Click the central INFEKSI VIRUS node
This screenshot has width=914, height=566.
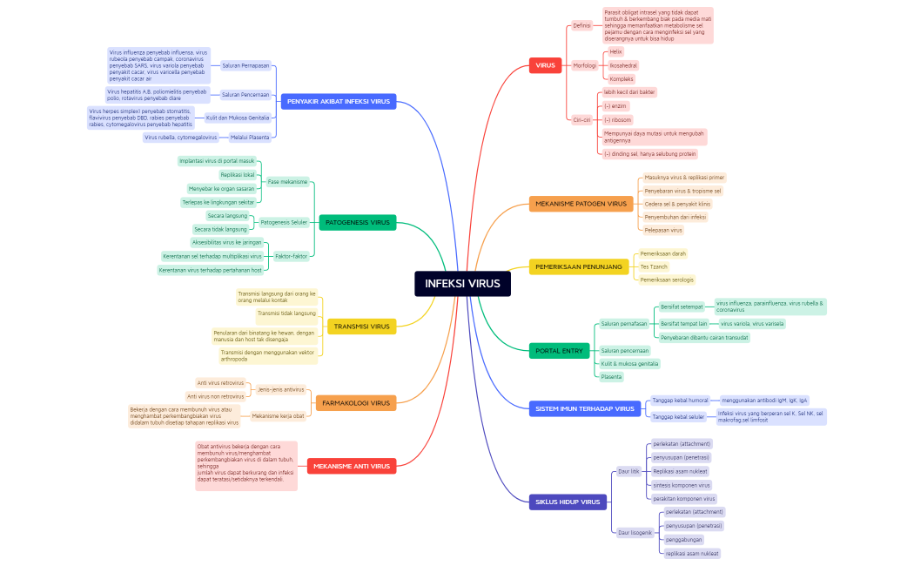[462, 283]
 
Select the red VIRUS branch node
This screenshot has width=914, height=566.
[545, 65]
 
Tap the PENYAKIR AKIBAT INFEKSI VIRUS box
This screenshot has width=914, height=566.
[339, 101]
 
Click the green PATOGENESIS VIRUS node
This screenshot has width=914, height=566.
[357, 222]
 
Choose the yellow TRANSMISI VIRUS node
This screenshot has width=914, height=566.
[361, 327]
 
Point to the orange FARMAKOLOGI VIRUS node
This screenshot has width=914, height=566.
[356, 403]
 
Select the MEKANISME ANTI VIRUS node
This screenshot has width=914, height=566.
[352, 466]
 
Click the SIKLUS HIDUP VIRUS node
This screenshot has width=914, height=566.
[568, 502]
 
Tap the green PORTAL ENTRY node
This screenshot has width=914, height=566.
[559, 351]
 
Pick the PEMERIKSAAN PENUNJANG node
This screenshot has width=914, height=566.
[578, 266]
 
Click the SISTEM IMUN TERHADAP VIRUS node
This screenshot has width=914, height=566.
[584, 408]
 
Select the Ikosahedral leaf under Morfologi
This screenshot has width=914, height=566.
[622, 65]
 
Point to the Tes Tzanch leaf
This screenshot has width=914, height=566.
[654, 266]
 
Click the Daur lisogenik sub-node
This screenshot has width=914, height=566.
[635, 532]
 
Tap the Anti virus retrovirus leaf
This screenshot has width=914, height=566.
[220, 382]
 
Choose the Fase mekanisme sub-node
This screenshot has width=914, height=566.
[287, 182]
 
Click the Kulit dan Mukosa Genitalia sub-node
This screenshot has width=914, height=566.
[237, 118]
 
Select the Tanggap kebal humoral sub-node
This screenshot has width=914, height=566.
[680, 401]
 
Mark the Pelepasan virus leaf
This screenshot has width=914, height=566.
[663, 230]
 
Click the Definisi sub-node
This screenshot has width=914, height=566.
[581, 25]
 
